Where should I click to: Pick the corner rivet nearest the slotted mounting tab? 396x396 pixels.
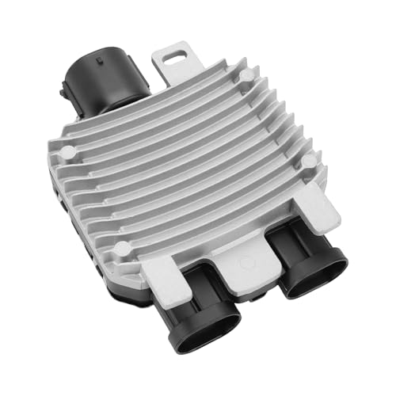pos(247,76)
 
